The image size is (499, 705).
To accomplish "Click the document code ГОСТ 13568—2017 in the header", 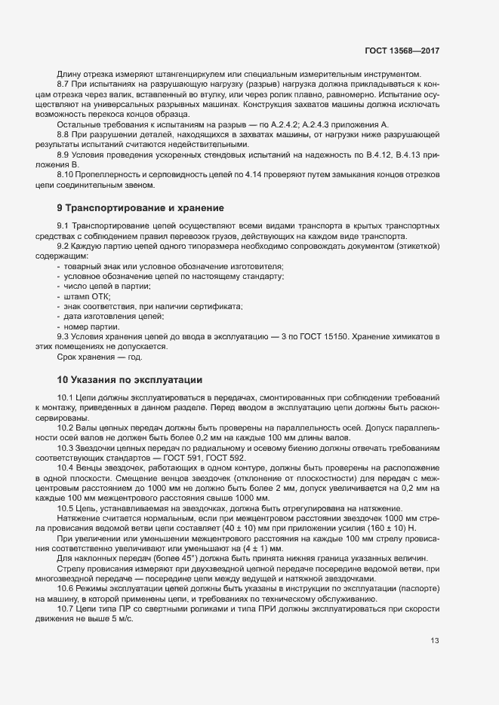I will click(401, 51).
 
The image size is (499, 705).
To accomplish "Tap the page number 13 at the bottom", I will click(435, 642).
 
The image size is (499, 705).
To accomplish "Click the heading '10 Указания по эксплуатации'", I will click(129, 379).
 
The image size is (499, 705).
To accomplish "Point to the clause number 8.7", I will click(64, 84).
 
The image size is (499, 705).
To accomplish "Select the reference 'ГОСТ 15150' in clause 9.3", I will click(321, 336).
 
